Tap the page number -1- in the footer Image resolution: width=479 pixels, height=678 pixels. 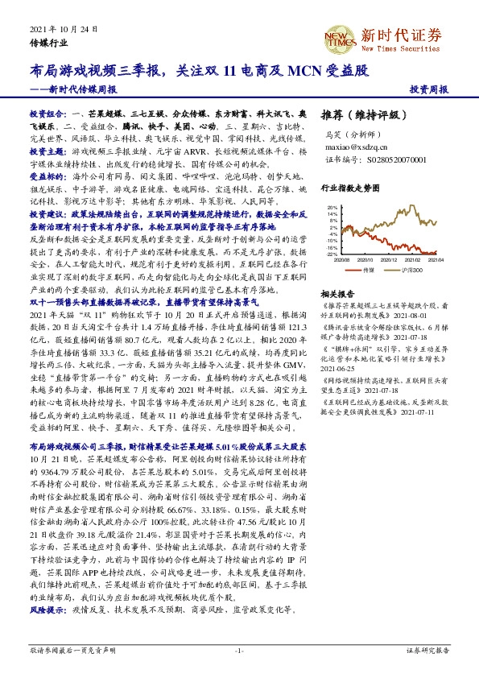click(x=239, y=649)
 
